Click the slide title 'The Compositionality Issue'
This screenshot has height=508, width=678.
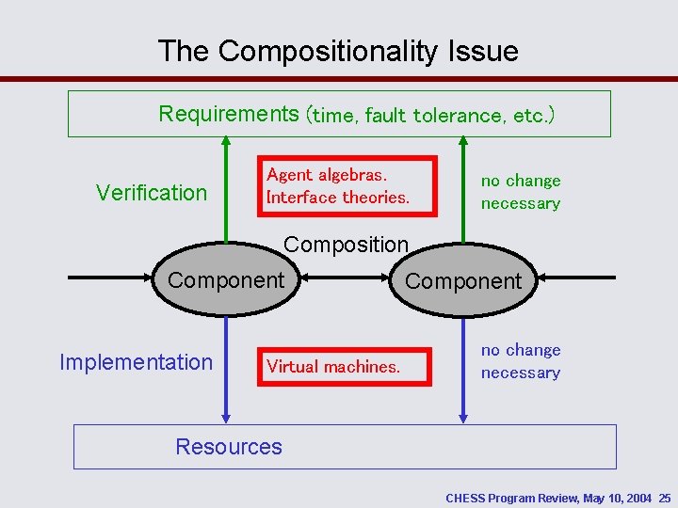(x=338, y=51)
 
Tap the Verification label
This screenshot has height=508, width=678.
(x=152, y=193)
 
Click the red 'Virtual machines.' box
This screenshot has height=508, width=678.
(x=344, y=367)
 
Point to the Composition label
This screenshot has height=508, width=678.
(x=346, y=245)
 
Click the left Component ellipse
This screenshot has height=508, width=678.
(x=224, y=280)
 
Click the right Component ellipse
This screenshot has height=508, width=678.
(x=462, y=280)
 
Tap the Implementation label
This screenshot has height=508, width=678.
(x=137, y=362)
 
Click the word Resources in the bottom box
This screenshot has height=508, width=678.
(x=229, y=447)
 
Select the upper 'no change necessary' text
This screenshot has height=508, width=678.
(x=521, y=192)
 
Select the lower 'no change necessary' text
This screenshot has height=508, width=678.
(x=521, y=361)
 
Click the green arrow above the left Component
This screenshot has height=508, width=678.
(x=226, y=188)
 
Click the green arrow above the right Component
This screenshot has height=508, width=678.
(x=462, y=188)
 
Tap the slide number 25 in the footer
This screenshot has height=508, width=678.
(x=665, y=497)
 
